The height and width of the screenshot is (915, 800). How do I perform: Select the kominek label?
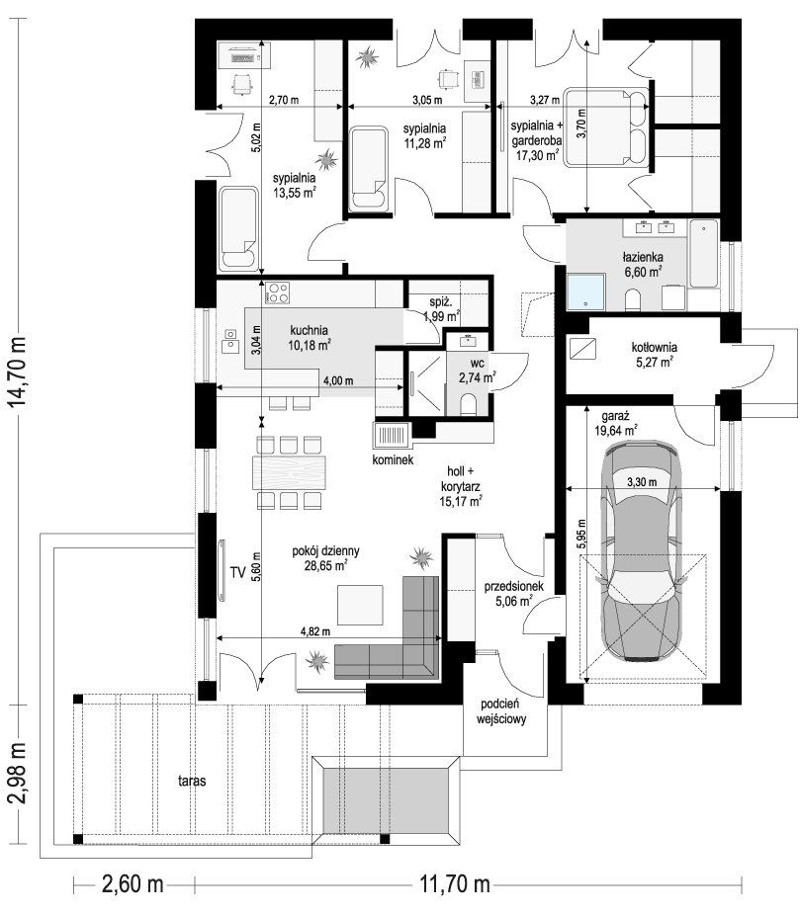[393, 460]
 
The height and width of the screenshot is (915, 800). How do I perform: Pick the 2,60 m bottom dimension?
[132, 883]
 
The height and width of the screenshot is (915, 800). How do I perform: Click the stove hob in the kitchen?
[277, 293]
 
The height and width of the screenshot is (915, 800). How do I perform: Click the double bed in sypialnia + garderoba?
[605, 128]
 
